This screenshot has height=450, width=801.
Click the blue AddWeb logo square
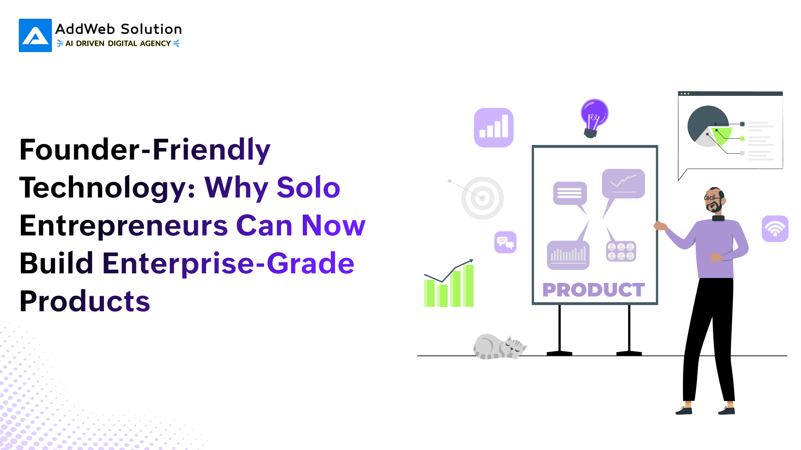[x=35, y=35]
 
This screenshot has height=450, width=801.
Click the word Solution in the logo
[x=151, y=29]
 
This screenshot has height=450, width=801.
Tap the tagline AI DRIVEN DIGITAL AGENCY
[x=118, y=43]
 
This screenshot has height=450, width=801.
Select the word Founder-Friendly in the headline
[x=145, y=150]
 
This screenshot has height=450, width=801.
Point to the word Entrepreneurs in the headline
[x=124, y=225]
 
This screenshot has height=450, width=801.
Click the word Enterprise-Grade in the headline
[x=229, y=264]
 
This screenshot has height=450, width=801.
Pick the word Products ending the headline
[x=85, y=301]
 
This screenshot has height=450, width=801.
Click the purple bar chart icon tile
[x=494, y=127]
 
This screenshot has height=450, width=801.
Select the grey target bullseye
[x=482, y=198]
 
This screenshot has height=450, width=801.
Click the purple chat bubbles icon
[x=505, y=242]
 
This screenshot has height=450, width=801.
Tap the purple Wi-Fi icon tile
[x=775, y=229]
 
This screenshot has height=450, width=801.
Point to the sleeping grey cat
[x=499, y=347]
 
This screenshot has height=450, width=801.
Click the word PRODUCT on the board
[x=594, y=290]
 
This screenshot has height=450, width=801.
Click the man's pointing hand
[x=660, y=226]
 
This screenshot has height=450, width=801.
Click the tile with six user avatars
[x=621, y=251]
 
